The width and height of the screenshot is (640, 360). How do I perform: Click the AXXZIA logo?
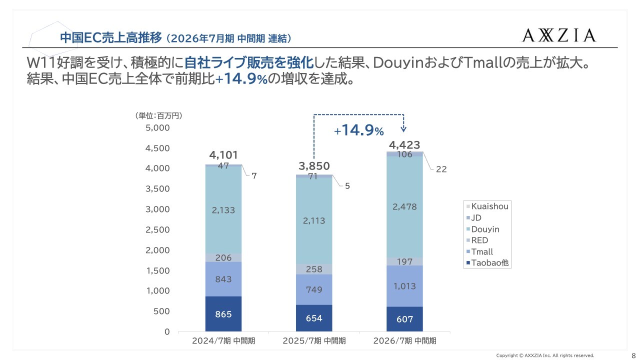pyautogui.click(x=559, y=35)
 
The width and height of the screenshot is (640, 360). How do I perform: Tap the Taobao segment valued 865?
pyautogui.click(x=223, y=314)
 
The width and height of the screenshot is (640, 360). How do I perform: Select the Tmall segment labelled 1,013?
pyautogui.click(x=404, y=286)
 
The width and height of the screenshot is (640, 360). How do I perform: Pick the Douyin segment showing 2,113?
pyautogui.click(x=314, y=220)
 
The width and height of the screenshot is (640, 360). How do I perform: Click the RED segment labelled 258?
pyautogui.click(x=314, y=269)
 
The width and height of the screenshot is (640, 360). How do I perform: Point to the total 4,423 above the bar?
pyautogui.click(x=404, y=145)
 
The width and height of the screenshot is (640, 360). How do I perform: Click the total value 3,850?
pyautogui.click(x=314, y=166)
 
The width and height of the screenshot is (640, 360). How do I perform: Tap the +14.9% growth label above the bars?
pyautogui.click(x=359, y=131)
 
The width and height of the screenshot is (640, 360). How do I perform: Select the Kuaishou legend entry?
pyautogui.click(x=489, y=206)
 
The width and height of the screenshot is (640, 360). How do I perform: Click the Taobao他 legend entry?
pyautogui.click(x=489, y=263)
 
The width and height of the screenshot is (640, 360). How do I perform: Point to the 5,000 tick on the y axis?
pyautogui.click(x=157, y=128)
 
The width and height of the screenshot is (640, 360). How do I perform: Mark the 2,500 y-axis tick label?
pyautogui.click(x=157, y=230)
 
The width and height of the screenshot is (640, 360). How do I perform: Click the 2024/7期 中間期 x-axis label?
pyautogui.click(x=223, y=341)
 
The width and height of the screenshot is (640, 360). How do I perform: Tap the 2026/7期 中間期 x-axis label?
pyautogui.click(x=404, y=341)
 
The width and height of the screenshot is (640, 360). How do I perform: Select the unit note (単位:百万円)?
pyautogui.click(x=158, y=116)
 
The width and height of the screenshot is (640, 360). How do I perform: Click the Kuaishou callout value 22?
pyautogui.click(x=441, y=169)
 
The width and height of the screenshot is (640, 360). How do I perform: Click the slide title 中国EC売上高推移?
pyautogui.click(x=110, y=37)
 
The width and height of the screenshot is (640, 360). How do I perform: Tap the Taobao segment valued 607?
pyautogui.click(x=404, y=319)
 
